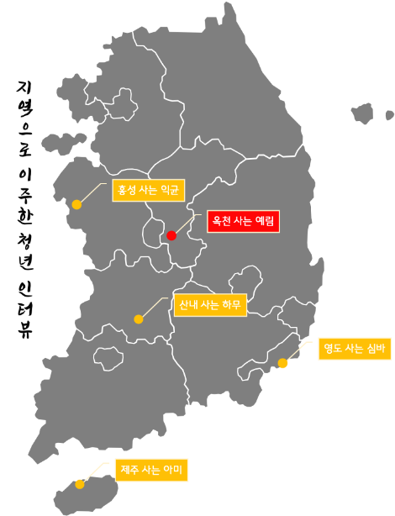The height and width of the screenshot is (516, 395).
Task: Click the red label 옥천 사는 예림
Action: (242, 222)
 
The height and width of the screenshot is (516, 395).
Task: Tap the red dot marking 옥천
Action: (171, 235)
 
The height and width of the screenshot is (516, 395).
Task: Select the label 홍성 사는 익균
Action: (148, 190)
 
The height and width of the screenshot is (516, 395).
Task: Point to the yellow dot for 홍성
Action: (76, 204)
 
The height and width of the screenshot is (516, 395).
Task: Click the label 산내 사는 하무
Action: (208, 304)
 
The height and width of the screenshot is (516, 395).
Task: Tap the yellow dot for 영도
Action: (282, 364)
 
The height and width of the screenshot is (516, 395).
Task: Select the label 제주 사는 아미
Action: (151, 470)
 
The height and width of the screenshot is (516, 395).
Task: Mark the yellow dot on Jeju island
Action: (79, 484)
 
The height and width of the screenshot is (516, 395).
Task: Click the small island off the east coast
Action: (362, 113)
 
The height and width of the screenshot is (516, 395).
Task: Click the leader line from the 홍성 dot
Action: (94, 192)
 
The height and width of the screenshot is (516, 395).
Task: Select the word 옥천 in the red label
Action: (222, 222)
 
